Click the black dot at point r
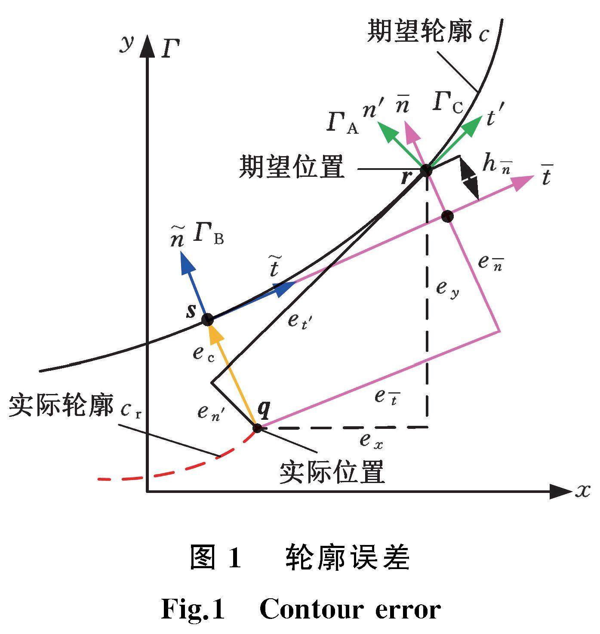(426, 170)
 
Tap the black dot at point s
(208, 320)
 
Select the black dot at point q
(257, 428)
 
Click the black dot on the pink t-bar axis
(448, 216)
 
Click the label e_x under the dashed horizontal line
(371, 440)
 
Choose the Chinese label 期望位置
(292, 167)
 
